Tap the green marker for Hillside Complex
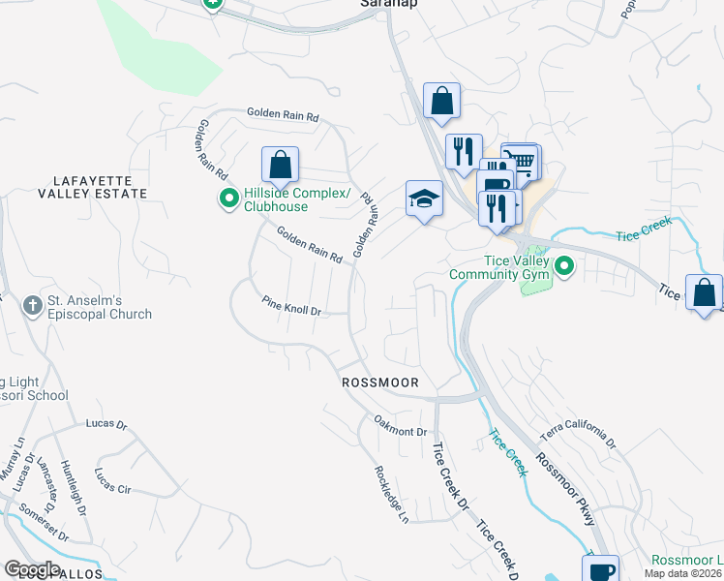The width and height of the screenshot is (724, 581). point(229,200)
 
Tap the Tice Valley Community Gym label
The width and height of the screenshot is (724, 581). point(501,266)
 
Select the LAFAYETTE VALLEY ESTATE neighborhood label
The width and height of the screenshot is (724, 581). point(93,187)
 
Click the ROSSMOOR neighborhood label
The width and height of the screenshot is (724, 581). point(380,382)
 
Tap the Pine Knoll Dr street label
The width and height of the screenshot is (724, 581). point(290,306)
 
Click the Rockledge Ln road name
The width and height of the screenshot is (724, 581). point(391,494)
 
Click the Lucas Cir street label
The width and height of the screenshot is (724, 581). point(111,481)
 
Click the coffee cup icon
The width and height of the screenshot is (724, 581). point(603,568)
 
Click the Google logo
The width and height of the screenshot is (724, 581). point(32,569)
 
